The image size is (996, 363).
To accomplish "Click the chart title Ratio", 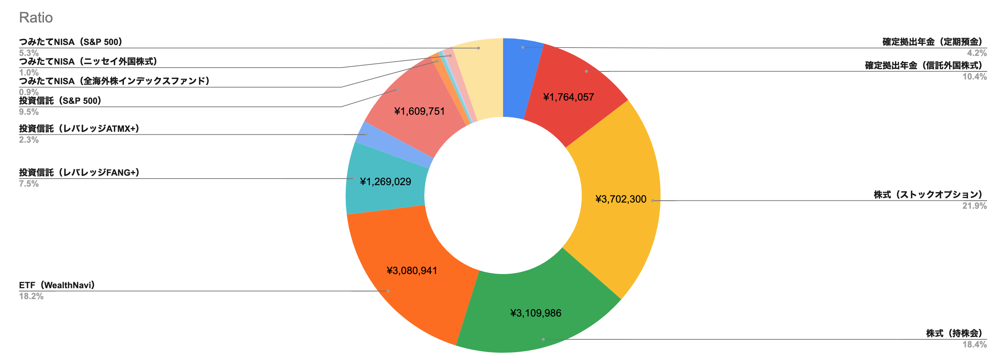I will [36, 18].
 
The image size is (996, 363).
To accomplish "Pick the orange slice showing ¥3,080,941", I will [412, 270].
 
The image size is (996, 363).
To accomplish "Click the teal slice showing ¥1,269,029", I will [385, 181].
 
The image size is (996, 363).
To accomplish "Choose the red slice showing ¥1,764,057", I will [569, 97].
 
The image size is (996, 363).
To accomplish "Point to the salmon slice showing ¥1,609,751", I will [419, 111].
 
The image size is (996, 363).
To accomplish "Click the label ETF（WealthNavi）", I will [57, 285].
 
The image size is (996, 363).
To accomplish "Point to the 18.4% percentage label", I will [974, 344].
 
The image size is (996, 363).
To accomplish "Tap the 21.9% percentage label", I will [974, 205].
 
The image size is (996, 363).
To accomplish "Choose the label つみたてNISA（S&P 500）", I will [71, 42].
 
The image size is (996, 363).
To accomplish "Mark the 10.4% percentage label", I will [974, 77].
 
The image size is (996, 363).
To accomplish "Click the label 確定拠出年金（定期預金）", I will [932, 42].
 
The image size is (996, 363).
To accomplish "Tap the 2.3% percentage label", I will [29, 140].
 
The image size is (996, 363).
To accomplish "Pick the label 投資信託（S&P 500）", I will [60, 101].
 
